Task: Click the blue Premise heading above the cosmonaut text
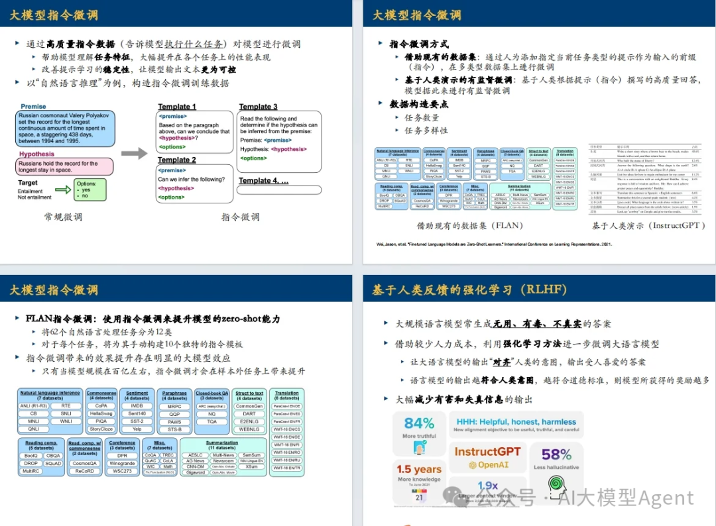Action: (x=34, y=107)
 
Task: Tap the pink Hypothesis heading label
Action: (x=37, y=154)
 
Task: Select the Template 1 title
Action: (x=177, y=107)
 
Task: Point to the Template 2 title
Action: (x=177, y=160)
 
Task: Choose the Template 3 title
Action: (x=259, y=107)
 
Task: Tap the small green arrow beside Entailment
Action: (x=62, y=190)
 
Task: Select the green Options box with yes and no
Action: (x=89, y=189)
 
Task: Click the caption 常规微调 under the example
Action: (x=64, y=217)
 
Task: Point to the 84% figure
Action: (x=419, y=423)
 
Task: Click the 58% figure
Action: (x=556, y=454)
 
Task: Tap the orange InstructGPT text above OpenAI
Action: (x=487, y=451)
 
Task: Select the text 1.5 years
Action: (x=418, y=469)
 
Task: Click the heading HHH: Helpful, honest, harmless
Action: (x=515, y=421)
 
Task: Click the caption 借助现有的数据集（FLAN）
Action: (x=470, y=225)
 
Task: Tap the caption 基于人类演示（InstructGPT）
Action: (x=649, y=225)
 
